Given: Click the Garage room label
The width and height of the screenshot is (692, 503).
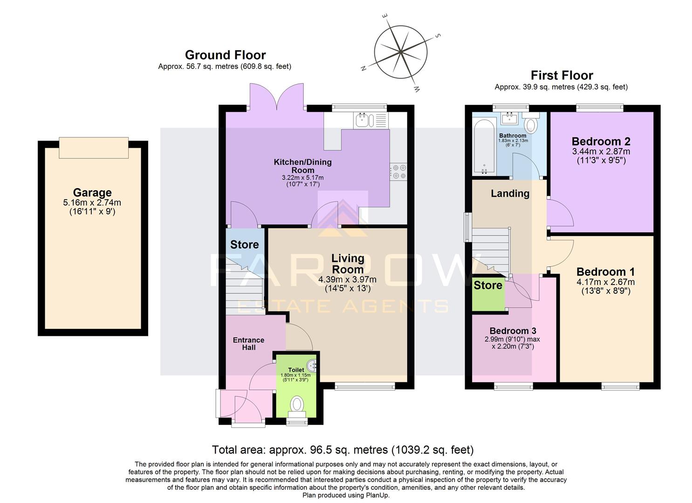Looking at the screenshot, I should pyautogui.click(x=92, y=192).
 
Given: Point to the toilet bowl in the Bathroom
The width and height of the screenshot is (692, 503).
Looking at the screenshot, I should pyautogui.click(x=531, y=124).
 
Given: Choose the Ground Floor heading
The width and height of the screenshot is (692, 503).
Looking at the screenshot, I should pyautogui.click(x=225, y=55).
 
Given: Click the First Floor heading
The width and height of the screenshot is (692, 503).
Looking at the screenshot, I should pyautogui.click(x=562, y=75).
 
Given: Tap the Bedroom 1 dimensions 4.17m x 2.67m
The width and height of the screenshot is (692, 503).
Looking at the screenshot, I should pyautogui.click(x=605, y=282).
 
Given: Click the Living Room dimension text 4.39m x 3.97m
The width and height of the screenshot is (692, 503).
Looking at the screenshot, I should pyautogui.click(x=347, y=279).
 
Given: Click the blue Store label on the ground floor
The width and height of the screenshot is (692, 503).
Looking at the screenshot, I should pyautogui.click(x=244, y=245).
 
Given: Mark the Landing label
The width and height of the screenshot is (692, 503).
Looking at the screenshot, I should pyautogui.click(x=510, y=193).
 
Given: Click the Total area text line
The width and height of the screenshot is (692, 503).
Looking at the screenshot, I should pyautogui.click(x=343, y=450).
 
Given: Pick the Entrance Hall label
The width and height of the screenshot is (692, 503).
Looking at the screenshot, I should pyautogui.click(x=248, y=344).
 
